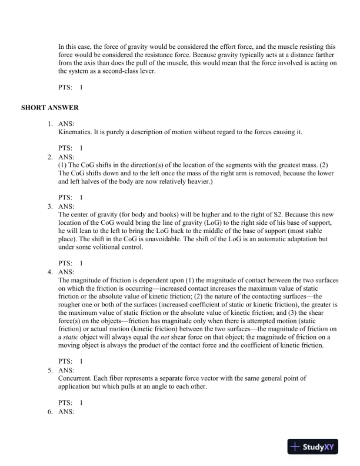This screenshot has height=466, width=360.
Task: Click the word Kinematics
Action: [x=74, y=132]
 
